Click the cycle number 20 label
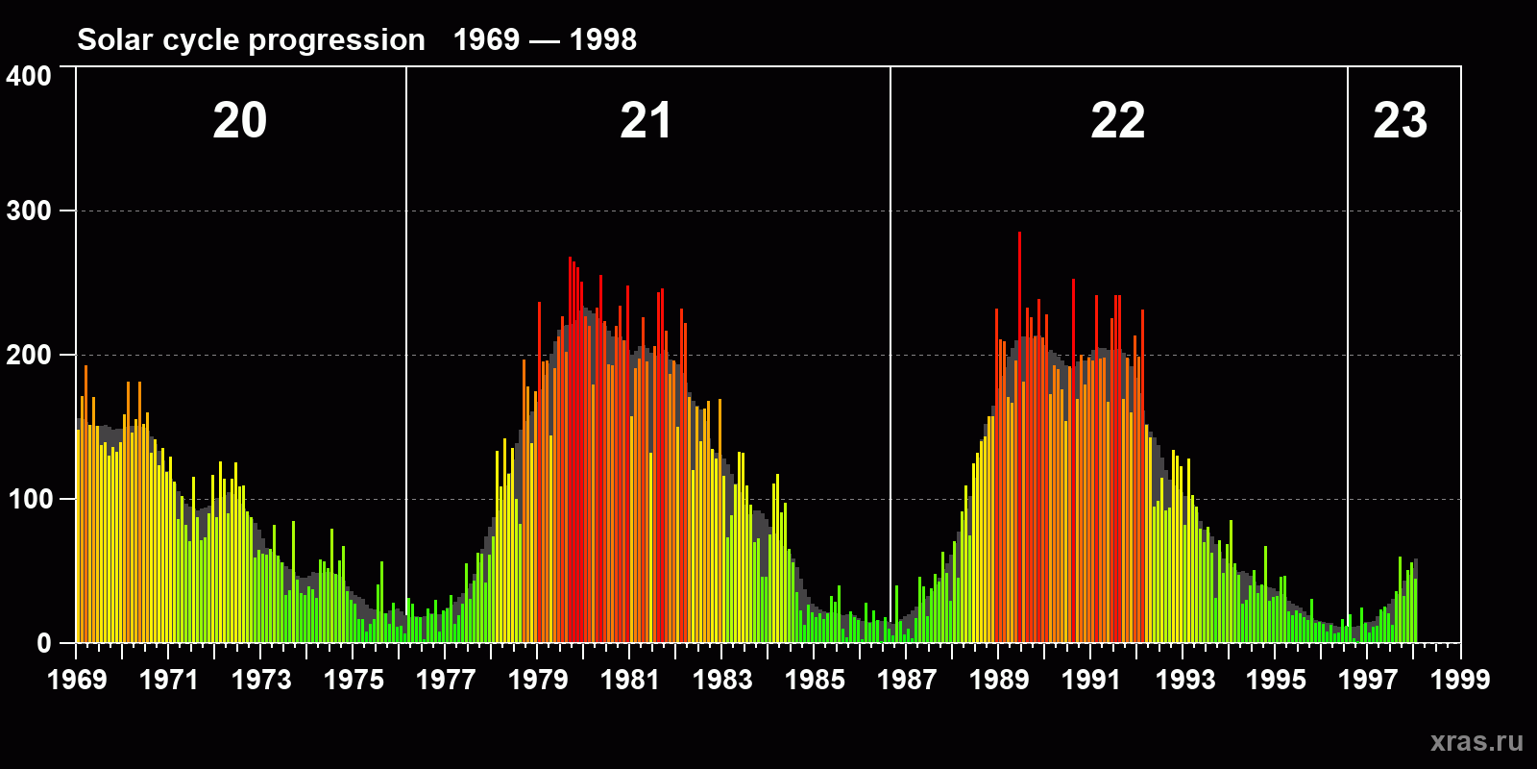(x=240, y=121)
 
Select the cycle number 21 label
(x=646, y=121)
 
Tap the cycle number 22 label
(x=1117, y=121)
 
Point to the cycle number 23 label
(x=1400, y=121)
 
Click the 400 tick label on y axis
(x=29, y=76)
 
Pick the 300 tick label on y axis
(x=29, y=211)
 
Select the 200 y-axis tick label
(x=29, y=355)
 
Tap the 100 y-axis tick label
(x=29, y=499)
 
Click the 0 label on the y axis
(x=43, y=643)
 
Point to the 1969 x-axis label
(x=77, y=680)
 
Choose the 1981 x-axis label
(x=630, y=680)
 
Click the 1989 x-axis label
(x=999, y=680)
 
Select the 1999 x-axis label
(x=1460, y=680)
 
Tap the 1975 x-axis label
(x=354, y=680)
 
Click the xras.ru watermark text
(x=1476, y=741)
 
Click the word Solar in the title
(x=114, y=39)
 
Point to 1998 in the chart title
(x=602, y=39)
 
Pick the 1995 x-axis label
(x=1276, y=680)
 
